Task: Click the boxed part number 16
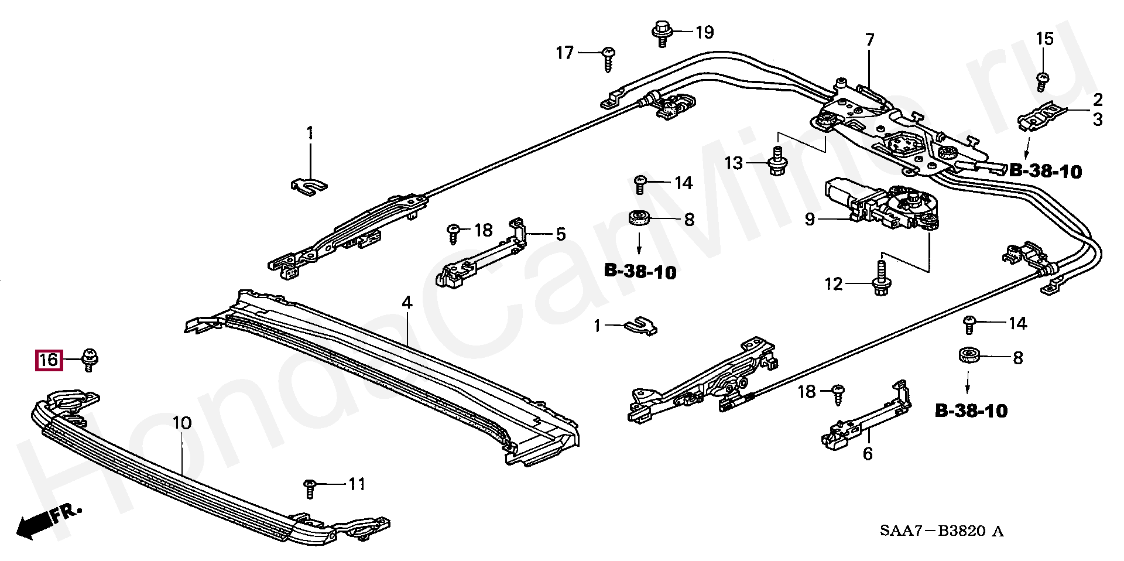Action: point(49,359)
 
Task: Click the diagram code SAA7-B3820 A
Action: point(941,531)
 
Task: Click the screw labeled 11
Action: point(310,487)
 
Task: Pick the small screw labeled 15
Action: point(1042,81)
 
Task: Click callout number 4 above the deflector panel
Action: point(406,303)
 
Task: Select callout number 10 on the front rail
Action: point(181,423)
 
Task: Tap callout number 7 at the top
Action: point(869,40)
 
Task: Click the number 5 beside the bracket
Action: point(560,235)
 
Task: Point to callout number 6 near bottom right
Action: point(868,453)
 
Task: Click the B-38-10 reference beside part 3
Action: point(1045,171)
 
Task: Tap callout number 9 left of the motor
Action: point(810,220)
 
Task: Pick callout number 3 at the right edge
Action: point(1098,119)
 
